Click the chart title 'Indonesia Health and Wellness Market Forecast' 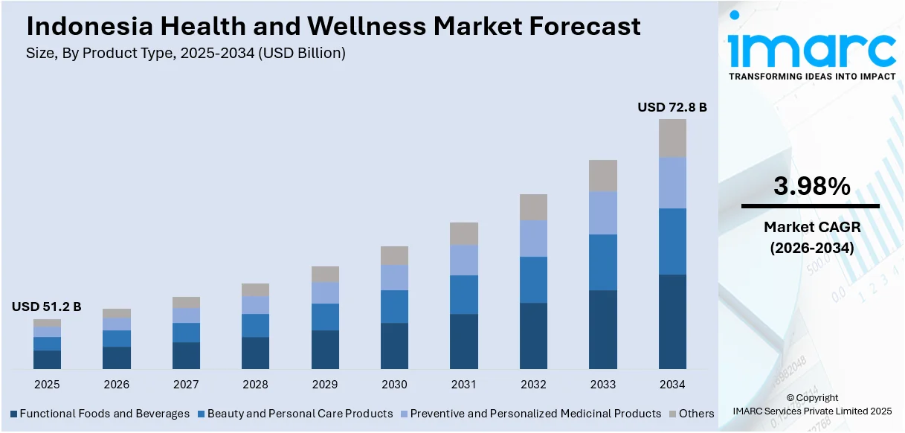[333, 27]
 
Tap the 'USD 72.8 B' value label [671, 108]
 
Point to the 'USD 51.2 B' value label [46, 307]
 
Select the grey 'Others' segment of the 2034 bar [672, 138]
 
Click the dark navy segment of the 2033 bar [603, 330]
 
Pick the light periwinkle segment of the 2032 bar [533, 239]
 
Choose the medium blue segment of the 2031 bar [464, 295]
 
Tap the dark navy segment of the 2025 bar [47, 359]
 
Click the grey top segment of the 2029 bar [325, 274]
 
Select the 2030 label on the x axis [394, 385]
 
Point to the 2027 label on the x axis [186, 385]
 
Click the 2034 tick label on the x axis [672, 385]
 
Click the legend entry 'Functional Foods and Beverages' [104, 414]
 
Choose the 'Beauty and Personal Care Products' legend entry [300, 414]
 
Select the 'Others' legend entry [696, 414]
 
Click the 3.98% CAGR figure [811, 187]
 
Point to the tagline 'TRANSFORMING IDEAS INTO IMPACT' [811, 77]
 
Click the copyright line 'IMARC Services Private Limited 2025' [811, 411]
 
